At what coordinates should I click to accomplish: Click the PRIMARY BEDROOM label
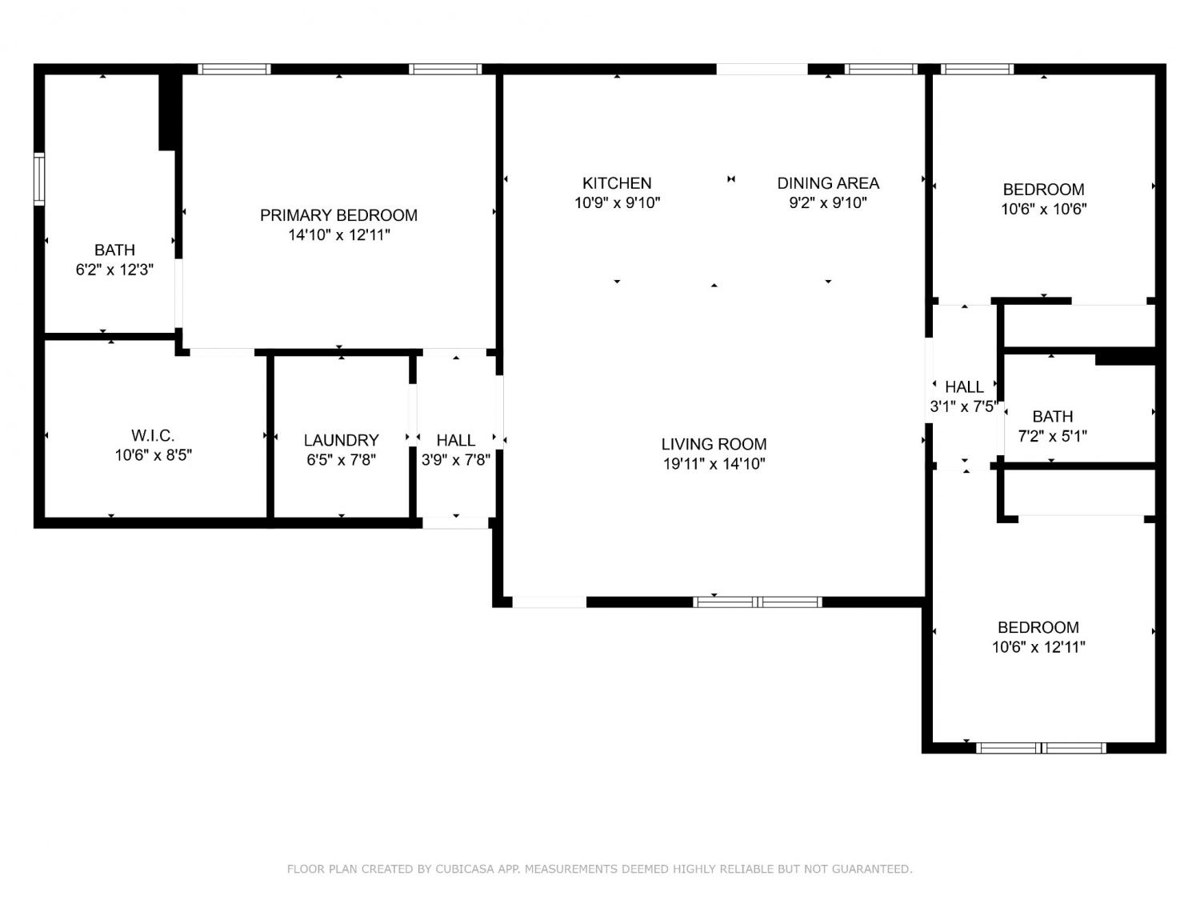(x=338, y=215)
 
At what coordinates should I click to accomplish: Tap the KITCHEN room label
(x=617, y=183)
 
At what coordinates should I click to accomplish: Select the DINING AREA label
(x=828, y=183)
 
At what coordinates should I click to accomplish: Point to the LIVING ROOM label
(x=714, y=444)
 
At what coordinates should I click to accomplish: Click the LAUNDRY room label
(x=341, y=440)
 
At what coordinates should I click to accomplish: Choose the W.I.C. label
(x=153, y=435)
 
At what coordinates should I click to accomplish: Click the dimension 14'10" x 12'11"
(x=339, y=235)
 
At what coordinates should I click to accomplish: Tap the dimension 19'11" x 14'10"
(x=714, y=464)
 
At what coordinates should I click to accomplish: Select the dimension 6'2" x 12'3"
(x=114, y=270)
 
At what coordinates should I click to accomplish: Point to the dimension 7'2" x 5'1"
(x=1052, y=436)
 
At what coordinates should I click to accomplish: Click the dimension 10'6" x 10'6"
(x=1044, y=210)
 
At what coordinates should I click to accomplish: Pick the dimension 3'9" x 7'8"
(x=455, y=459)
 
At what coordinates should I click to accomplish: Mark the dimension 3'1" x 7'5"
(x=964, y=406)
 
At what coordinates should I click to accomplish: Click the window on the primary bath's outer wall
(x=39, y=179)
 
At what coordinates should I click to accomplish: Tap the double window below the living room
(x=757, y=602)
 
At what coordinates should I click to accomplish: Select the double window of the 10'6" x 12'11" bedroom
(x=1041, y=748)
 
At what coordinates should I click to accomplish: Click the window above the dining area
(x=881, y=69)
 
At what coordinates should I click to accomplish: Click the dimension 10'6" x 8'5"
(x=153, y=455)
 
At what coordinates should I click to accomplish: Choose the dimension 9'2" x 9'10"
(x=828, y=202)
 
